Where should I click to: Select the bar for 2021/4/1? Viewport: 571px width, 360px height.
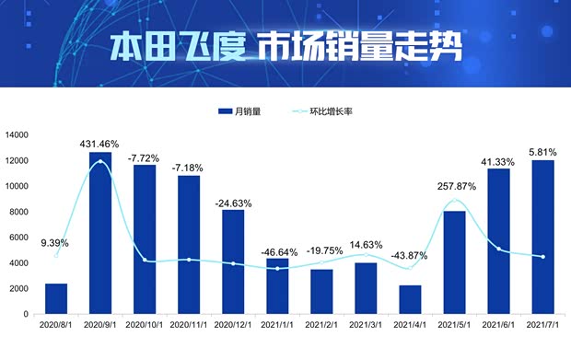click(410, 299)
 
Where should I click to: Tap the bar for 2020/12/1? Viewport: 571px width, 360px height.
click(233, 261)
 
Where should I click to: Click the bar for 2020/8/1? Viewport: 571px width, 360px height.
click(55, 298)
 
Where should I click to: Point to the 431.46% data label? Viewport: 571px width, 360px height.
click(100, 144)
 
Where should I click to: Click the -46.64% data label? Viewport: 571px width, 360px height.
click(277, 250)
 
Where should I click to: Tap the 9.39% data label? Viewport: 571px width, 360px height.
click(55, 244)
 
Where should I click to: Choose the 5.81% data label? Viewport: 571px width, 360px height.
click(543, 151)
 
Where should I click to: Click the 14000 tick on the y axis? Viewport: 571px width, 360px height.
click(17, 135)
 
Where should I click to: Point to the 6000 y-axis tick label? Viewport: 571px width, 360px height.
click(20, 238)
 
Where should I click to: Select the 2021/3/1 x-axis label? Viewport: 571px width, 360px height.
click(366, 325)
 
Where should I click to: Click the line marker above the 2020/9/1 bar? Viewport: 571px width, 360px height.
click(99, 162)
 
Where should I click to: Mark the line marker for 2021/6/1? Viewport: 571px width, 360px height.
click(499, 249)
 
